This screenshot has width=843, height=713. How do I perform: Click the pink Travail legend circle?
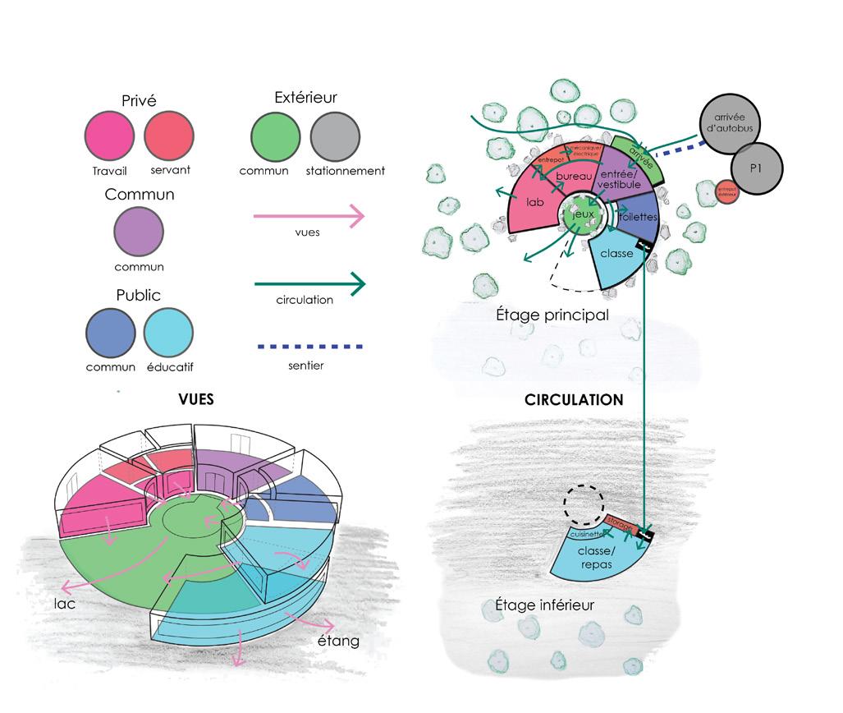[x=109, y=138]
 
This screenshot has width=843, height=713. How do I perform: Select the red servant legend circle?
[x=169, y=138]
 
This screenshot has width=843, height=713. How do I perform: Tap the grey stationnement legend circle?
[x=335, y=138]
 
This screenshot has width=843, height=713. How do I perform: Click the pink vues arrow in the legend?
[x=308, y=217]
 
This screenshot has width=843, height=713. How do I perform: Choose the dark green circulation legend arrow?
[x=308, y=285]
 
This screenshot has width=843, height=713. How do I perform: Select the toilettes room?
[x=635, y=216]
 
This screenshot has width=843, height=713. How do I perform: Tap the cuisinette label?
[x=586, y=533]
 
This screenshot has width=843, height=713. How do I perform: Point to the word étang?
[x=338, y=640]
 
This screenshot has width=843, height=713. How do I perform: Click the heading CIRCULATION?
[x=575, y=401]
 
